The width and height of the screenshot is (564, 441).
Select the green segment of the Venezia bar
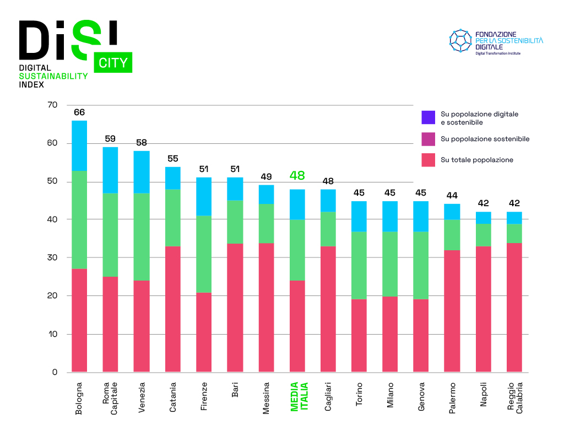point(142,237)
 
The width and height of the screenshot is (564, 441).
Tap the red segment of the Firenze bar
point(204,332)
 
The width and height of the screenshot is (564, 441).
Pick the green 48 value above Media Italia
point(297,176)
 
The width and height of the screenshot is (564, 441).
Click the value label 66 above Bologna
point(79,112)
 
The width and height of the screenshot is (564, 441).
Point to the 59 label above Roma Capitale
point(110,139)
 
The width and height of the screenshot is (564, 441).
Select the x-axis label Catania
point(173,396)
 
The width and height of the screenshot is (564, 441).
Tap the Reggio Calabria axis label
point(515,397)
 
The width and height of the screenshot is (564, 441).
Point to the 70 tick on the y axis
point(53,105)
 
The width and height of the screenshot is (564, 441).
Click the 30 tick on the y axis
point(53,257)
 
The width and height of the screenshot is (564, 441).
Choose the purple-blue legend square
point(429,117)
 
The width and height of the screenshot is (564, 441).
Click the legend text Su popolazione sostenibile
point(485,139)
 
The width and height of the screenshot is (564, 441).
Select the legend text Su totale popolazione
point(477,160)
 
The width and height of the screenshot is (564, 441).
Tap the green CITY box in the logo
point(113,62)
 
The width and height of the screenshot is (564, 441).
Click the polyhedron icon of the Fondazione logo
point(460,41)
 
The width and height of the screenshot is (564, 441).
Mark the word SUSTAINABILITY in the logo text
point(53,76)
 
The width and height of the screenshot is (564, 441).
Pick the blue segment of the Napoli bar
point(484,218)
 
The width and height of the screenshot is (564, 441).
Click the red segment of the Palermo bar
point(452,311)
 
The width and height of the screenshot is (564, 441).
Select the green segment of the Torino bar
point(359,265)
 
